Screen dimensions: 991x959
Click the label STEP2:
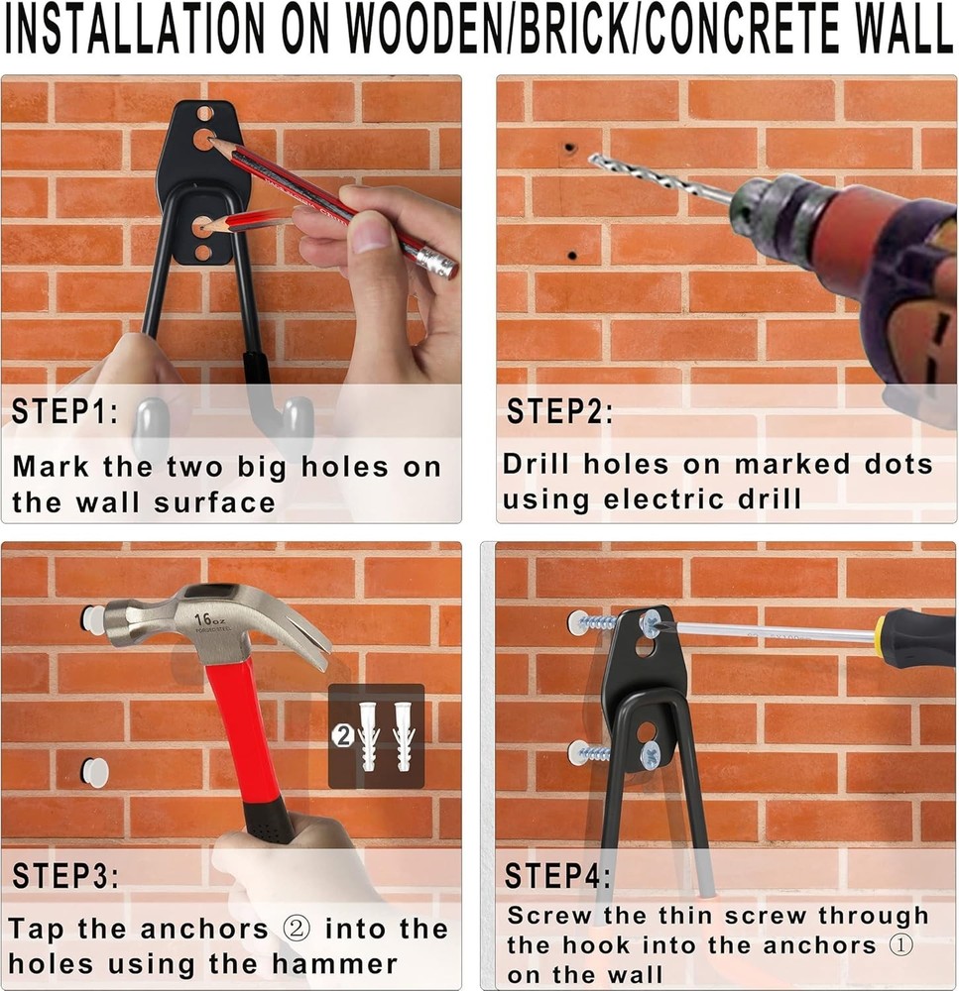pyautogui.click(x=559, y=412)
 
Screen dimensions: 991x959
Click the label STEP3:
pyautogui.click(x=64, y=876)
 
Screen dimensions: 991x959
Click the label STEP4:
pyautogui.click(x=557, y=876)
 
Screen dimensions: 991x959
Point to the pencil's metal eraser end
pyautogui.click(x=436, y=263)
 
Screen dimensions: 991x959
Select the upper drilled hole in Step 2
pyautogui.click(x=570, y=150)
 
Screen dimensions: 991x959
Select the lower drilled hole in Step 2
pyautogui.click(x=572, y=256)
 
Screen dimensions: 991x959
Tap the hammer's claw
pyautogui.click(x=302, y=634)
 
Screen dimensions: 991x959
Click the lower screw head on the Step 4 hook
pyautogui.click(x=650, y=757)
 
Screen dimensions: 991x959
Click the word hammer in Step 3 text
pyautogui.click(x=338, y=963)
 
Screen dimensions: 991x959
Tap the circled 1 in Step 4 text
pyautogui.click(x=900, y=944)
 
